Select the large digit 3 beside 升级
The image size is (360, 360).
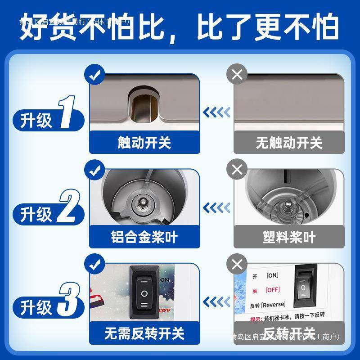[71, 301]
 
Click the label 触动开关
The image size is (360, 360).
[144, 143]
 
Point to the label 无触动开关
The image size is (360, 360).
[289, 143]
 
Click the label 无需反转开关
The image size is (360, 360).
[144, 333]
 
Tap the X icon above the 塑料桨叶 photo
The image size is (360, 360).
[237, 170]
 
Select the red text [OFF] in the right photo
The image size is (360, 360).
[273, 289]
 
